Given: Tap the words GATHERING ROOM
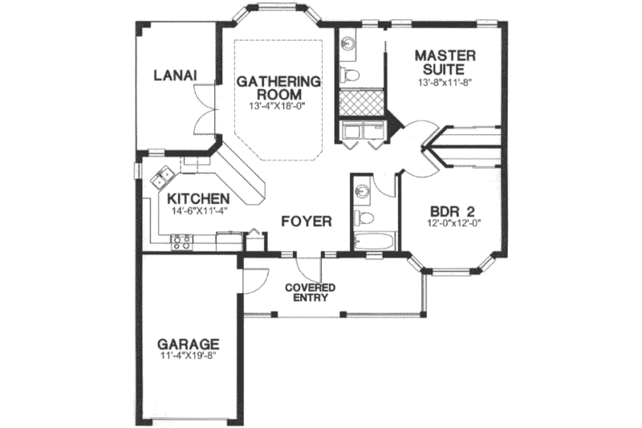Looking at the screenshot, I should point(278,88).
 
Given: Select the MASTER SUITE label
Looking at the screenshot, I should point(445,62).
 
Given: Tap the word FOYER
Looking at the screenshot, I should point(305,221).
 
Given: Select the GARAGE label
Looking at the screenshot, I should point(189,346).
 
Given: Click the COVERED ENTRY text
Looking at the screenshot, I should point(309,293).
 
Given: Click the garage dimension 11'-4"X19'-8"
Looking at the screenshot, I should point(189,359).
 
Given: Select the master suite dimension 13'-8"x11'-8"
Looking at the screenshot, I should point(445,82).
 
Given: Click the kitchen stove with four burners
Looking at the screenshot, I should point(181,239).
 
